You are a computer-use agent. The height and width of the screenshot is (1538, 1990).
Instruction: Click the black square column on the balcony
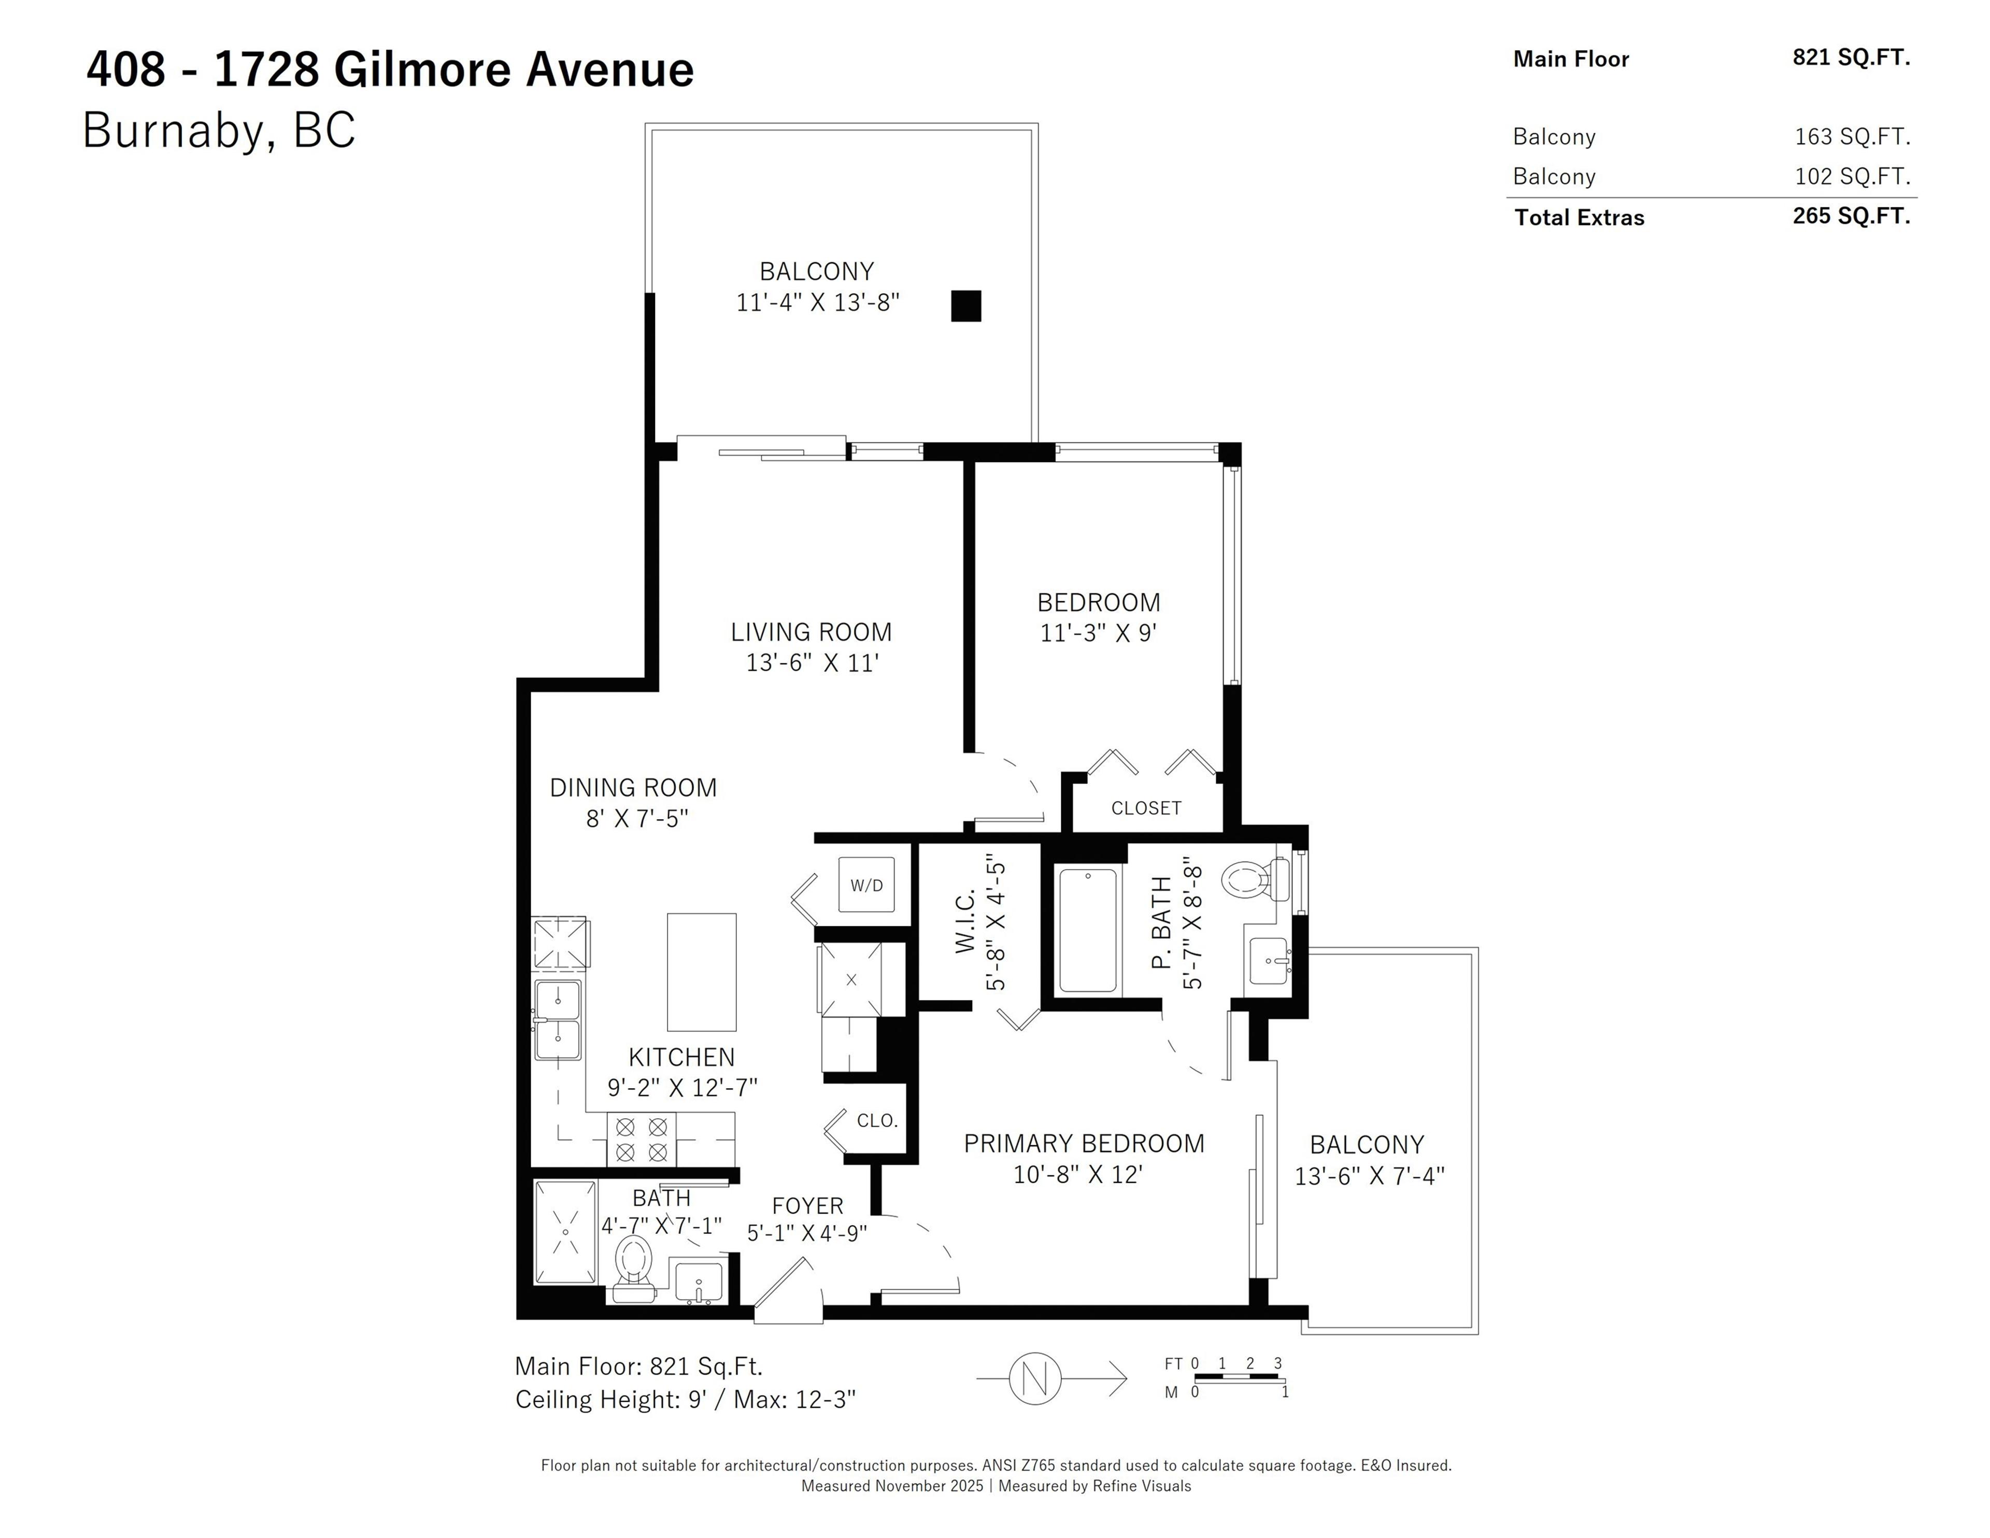coord(966,306)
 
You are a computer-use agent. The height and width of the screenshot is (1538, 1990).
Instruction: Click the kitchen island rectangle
coord(702,972)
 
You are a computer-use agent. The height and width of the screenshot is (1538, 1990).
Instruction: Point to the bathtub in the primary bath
coord(1087,930)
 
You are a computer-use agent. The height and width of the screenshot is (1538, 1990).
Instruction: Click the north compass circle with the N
coord(1035,1378)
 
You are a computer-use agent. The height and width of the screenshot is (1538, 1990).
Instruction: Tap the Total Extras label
coord(1579,218)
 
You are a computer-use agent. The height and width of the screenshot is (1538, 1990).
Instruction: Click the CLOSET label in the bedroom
coord(1145,808)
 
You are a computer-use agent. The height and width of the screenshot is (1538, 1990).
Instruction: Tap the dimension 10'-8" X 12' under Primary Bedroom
coord(1078,1174)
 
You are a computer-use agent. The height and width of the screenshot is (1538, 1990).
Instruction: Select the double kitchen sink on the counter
coord(558,1020)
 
